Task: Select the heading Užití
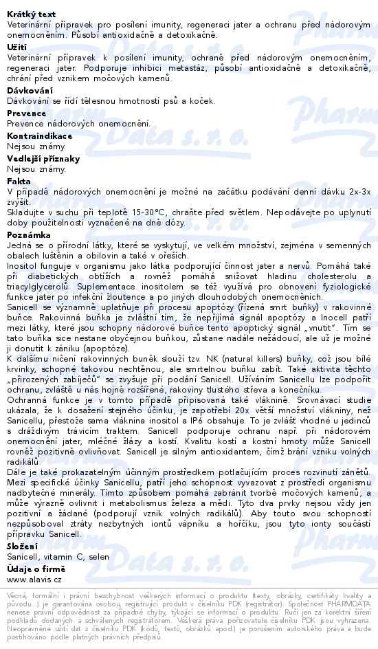point(16,46)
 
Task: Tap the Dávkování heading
point(29,89)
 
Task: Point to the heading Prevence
point(26,113)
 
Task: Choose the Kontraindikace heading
point(38,135)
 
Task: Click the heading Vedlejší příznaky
point(43,158)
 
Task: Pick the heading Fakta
point(19,181)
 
